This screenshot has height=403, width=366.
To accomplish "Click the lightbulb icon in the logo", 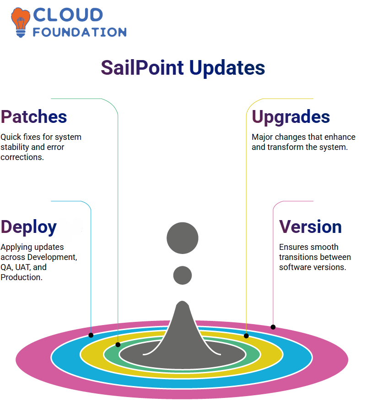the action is (21, 22).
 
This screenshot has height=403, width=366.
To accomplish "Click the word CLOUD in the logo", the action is (68, 15).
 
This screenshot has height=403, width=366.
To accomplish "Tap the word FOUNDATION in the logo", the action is (80, 32).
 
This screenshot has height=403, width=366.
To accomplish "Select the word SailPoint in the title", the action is (142, 67).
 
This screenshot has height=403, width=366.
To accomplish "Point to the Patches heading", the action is (33, 117).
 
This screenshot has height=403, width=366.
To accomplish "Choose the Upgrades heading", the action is (291, 117).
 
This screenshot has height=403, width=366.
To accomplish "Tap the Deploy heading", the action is (28, 227).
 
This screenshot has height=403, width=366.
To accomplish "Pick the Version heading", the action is (310, 227).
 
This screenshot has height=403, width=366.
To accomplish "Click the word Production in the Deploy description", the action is (22, 277).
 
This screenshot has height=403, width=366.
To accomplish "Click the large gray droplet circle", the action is (183, 238).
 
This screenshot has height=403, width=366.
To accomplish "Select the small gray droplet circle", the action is (183, 275).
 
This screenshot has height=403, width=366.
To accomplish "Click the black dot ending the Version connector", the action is (273, 327).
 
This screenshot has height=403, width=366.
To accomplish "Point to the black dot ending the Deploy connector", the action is (91, 335).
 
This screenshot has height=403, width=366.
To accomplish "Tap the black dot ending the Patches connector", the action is (118, 345).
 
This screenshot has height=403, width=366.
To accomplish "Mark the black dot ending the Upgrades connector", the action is (246, 336).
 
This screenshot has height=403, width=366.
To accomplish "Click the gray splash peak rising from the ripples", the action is (182, 326).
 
